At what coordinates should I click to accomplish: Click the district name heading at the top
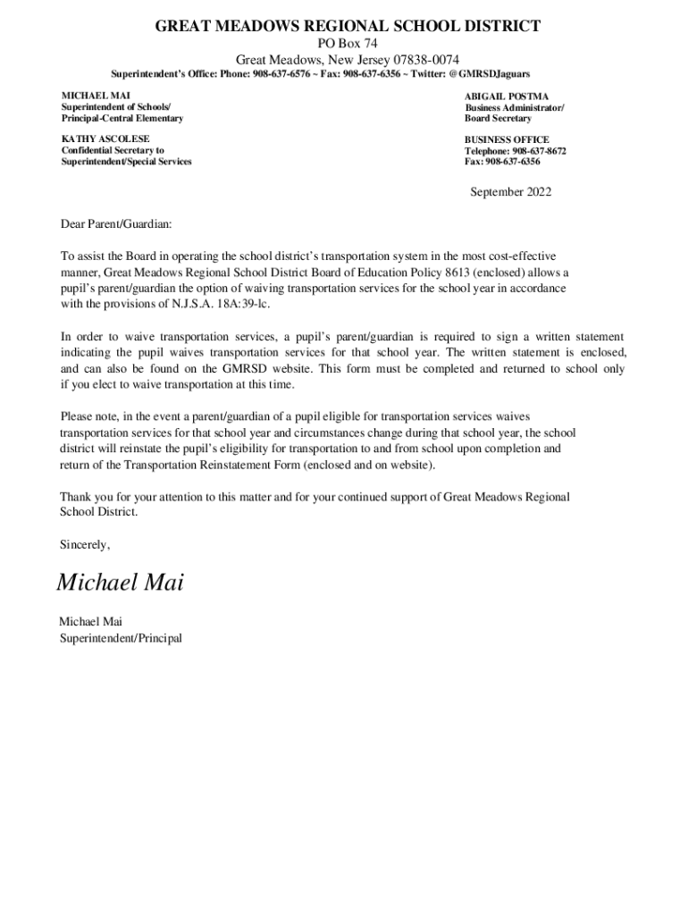[348, 27]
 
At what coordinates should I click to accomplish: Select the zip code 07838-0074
[422, 59]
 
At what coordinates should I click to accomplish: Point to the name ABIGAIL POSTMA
[506, 97]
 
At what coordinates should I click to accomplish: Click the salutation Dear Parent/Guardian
[115, 222]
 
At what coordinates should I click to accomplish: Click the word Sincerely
[85, 543]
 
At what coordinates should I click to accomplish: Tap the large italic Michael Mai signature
[120, 583]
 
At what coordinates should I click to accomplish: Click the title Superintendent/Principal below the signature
[121, 638]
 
